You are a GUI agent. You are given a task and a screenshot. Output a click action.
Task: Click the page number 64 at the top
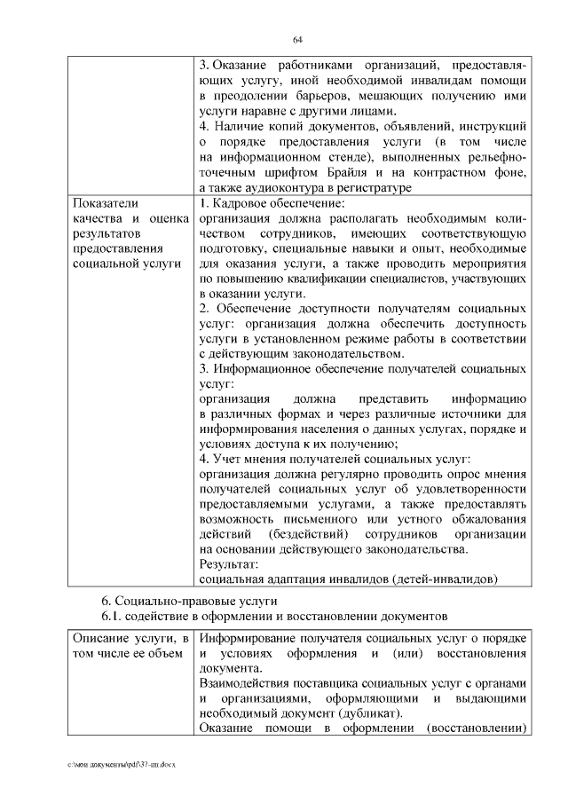298,38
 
